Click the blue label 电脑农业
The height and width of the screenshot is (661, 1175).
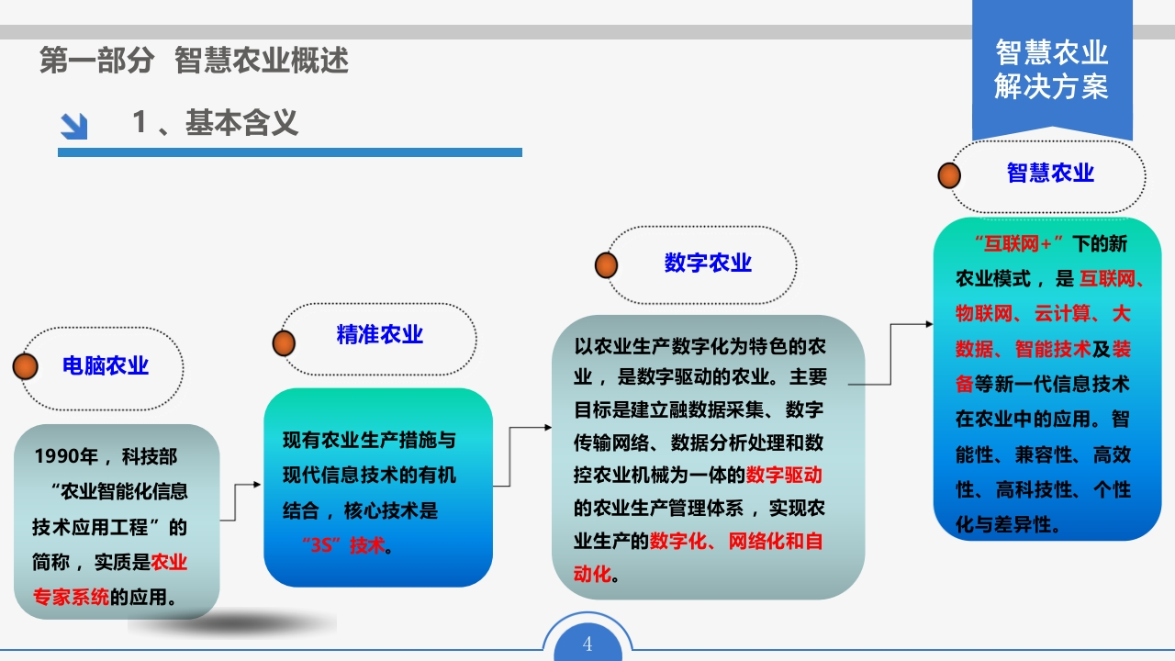pos(106,365)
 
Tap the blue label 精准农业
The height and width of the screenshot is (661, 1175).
pos(380,334)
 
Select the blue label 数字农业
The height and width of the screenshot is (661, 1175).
pos(708,263)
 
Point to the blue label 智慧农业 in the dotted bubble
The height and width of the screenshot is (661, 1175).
pos(1051,173)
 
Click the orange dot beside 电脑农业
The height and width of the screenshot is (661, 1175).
pos(25,366)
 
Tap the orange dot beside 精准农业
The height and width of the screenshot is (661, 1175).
pos(284,343)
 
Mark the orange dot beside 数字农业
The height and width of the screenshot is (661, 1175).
pos(607,265)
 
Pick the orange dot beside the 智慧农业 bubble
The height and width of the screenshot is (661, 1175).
pos(949,175)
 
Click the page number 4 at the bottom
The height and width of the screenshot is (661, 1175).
pos(587,644)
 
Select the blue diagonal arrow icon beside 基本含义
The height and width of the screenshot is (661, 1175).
pos(74,127)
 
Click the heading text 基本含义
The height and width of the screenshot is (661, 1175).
pos(241,123)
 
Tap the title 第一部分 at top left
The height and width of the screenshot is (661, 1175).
pos(97,60)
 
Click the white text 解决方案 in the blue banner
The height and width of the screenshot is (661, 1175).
pos(1051,86)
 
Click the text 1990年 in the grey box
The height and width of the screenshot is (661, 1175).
pos(67,456)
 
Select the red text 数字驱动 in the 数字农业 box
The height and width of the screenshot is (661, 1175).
pos(784,476)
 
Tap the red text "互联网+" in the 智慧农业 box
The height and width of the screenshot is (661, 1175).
pos(1019,244)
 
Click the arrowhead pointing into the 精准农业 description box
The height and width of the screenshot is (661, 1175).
pos(257,484)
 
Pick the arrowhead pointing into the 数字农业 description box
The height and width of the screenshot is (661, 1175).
pos(548,428)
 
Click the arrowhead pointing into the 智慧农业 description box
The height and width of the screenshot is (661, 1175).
pos(929,324)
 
